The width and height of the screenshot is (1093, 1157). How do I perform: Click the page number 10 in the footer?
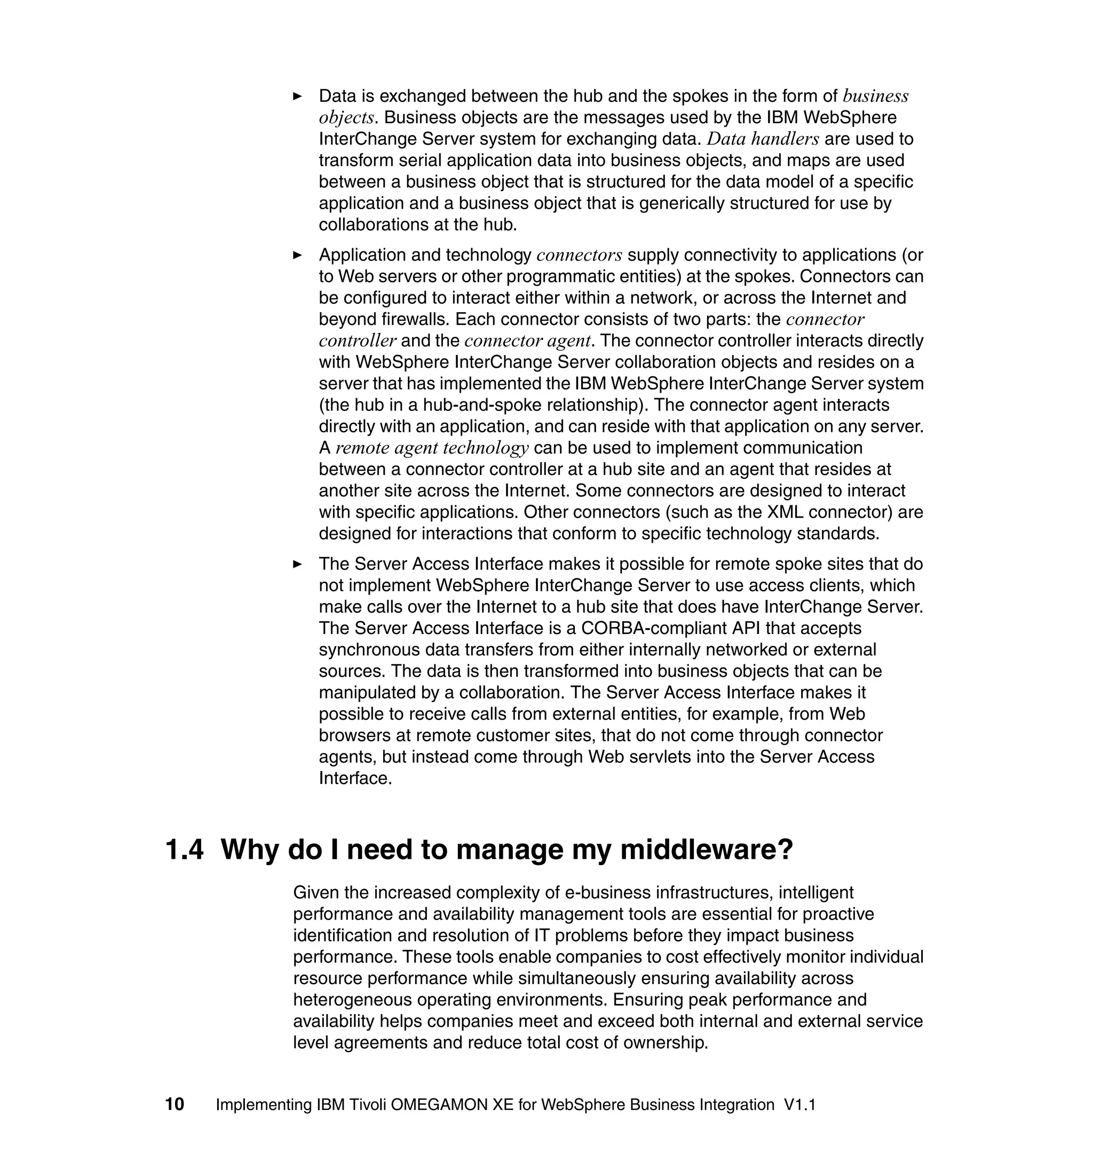coord(175,1105)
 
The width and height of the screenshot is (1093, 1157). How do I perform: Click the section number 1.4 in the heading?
coord(185,850)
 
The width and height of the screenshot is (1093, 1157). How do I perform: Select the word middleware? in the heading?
coord(706,850)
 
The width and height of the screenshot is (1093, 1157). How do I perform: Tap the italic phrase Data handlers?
coord(763,139)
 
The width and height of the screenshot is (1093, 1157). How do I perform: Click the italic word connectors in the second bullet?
coord(579,255)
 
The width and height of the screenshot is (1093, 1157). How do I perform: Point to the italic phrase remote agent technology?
coord(432,448)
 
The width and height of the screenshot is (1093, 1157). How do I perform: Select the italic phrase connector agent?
coord(527,341)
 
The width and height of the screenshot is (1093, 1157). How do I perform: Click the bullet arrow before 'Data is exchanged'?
coord(297,96)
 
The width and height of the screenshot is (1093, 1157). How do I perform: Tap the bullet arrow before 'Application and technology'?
coord(297,255)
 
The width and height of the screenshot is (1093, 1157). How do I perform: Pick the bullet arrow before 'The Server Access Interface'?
coord(297,564)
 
